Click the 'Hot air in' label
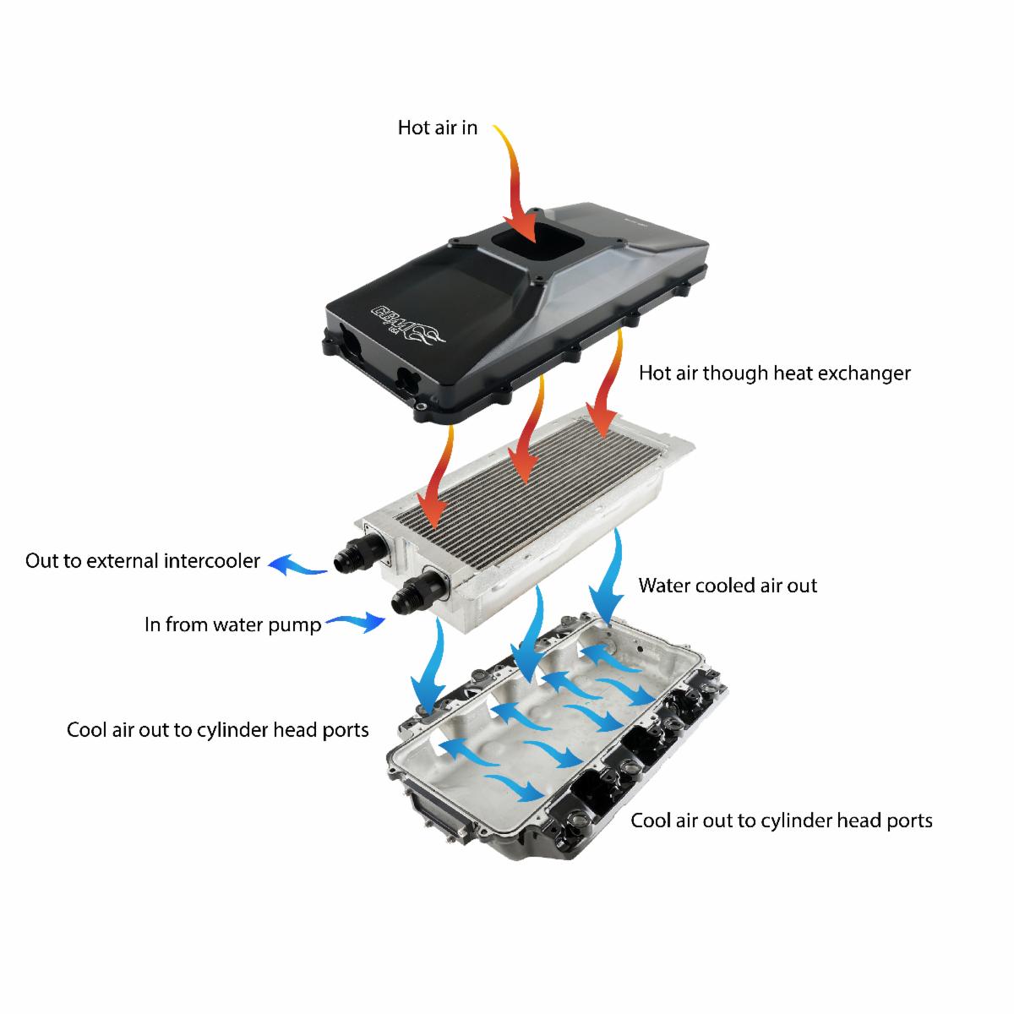coord(437,128)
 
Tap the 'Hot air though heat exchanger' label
coord(775,373)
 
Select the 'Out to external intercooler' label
coord(143,561)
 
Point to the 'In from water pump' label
coord(232,624)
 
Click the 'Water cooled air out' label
coord(728,586)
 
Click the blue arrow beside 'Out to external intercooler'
coord(297,564)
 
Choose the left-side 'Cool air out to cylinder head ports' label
coord(217,730)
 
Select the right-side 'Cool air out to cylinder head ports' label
coord(782,820)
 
